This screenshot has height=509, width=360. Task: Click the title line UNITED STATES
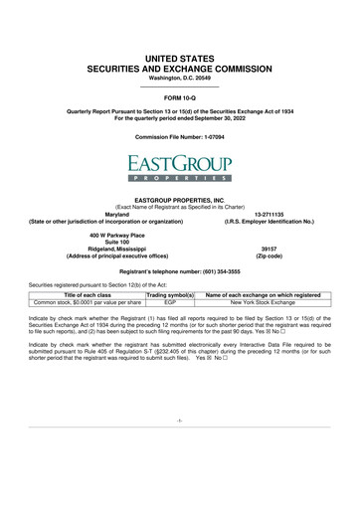click(179, 34)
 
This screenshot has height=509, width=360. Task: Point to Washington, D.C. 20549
click(179, 57)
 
